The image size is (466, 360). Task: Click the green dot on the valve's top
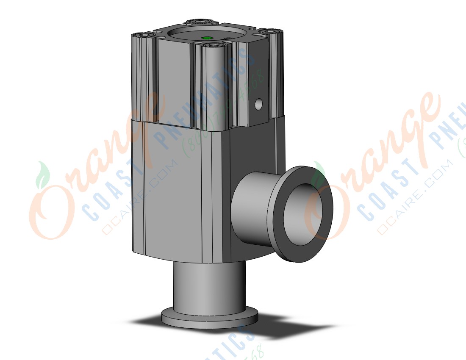(x=207, y=38)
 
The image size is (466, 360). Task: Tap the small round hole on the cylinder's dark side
(x=259, y=103)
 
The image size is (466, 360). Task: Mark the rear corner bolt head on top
(x=196, y=22)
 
